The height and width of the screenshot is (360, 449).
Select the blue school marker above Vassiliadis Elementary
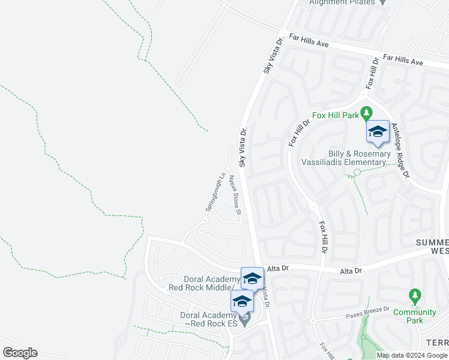click(378, 132)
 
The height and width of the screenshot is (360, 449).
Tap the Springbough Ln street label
click(215, 191)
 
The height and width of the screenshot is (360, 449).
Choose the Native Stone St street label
click(236, 194)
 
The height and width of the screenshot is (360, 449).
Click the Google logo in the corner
click(20, 353)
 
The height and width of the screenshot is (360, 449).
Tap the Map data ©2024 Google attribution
click(412, 355)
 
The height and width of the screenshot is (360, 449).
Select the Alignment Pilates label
click(341, 2)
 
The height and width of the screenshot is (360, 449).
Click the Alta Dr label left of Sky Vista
click(274, 271)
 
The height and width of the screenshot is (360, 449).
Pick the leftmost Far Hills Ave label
click(309, 40)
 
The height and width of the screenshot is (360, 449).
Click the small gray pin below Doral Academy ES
click(244, 321)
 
